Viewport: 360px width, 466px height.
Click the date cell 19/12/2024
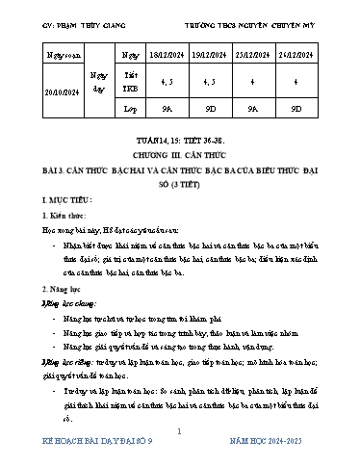click(x=221, y=59)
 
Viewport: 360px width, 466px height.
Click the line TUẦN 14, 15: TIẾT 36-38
click(x=179, y=153)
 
